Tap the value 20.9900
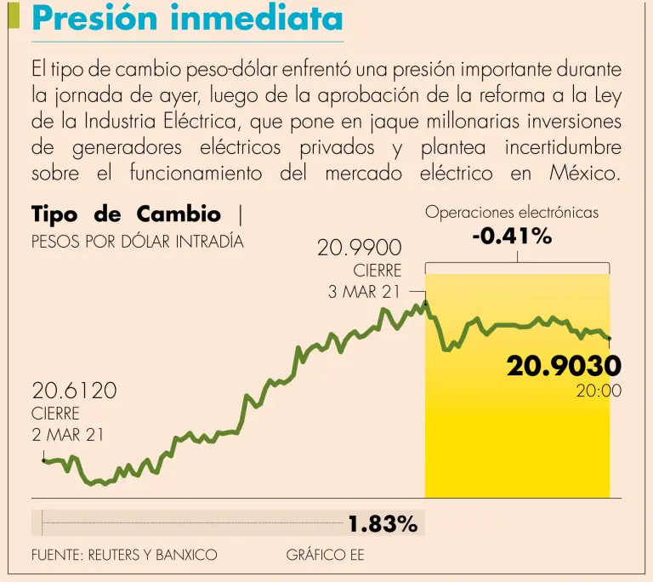pyautogui.click(x=359, y=249)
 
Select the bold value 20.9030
pyautogui.click(x=564, y=366)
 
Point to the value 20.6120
pyautogui.click(x=74, y=391)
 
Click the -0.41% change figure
pyautogui.click(x=512, y=237)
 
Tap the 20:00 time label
pyautogui.click(x=599, y=391)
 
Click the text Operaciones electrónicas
pyautogui.click(x=512, y=212)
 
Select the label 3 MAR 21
pyautogui.click(x=364, y=292)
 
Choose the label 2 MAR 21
pyautogui.click(x=68, y=435)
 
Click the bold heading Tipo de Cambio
pyautogui.click(x=126, y=214)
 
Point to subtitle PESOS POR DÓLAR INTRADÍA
pyautogui.click(x=137, y=241)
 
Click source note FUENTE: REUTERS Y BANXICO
pyautogui.click(x=124, y=555)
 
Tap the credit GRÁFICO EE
pyautogui.click(x=325, y=555)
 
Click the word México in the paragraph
pyautogui.click(x=586, y=174)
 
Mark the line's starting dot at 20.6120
pyautogui.click(x=43, y=460)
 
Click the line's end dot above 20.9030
pyautogui.click(x=610, y=339)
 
